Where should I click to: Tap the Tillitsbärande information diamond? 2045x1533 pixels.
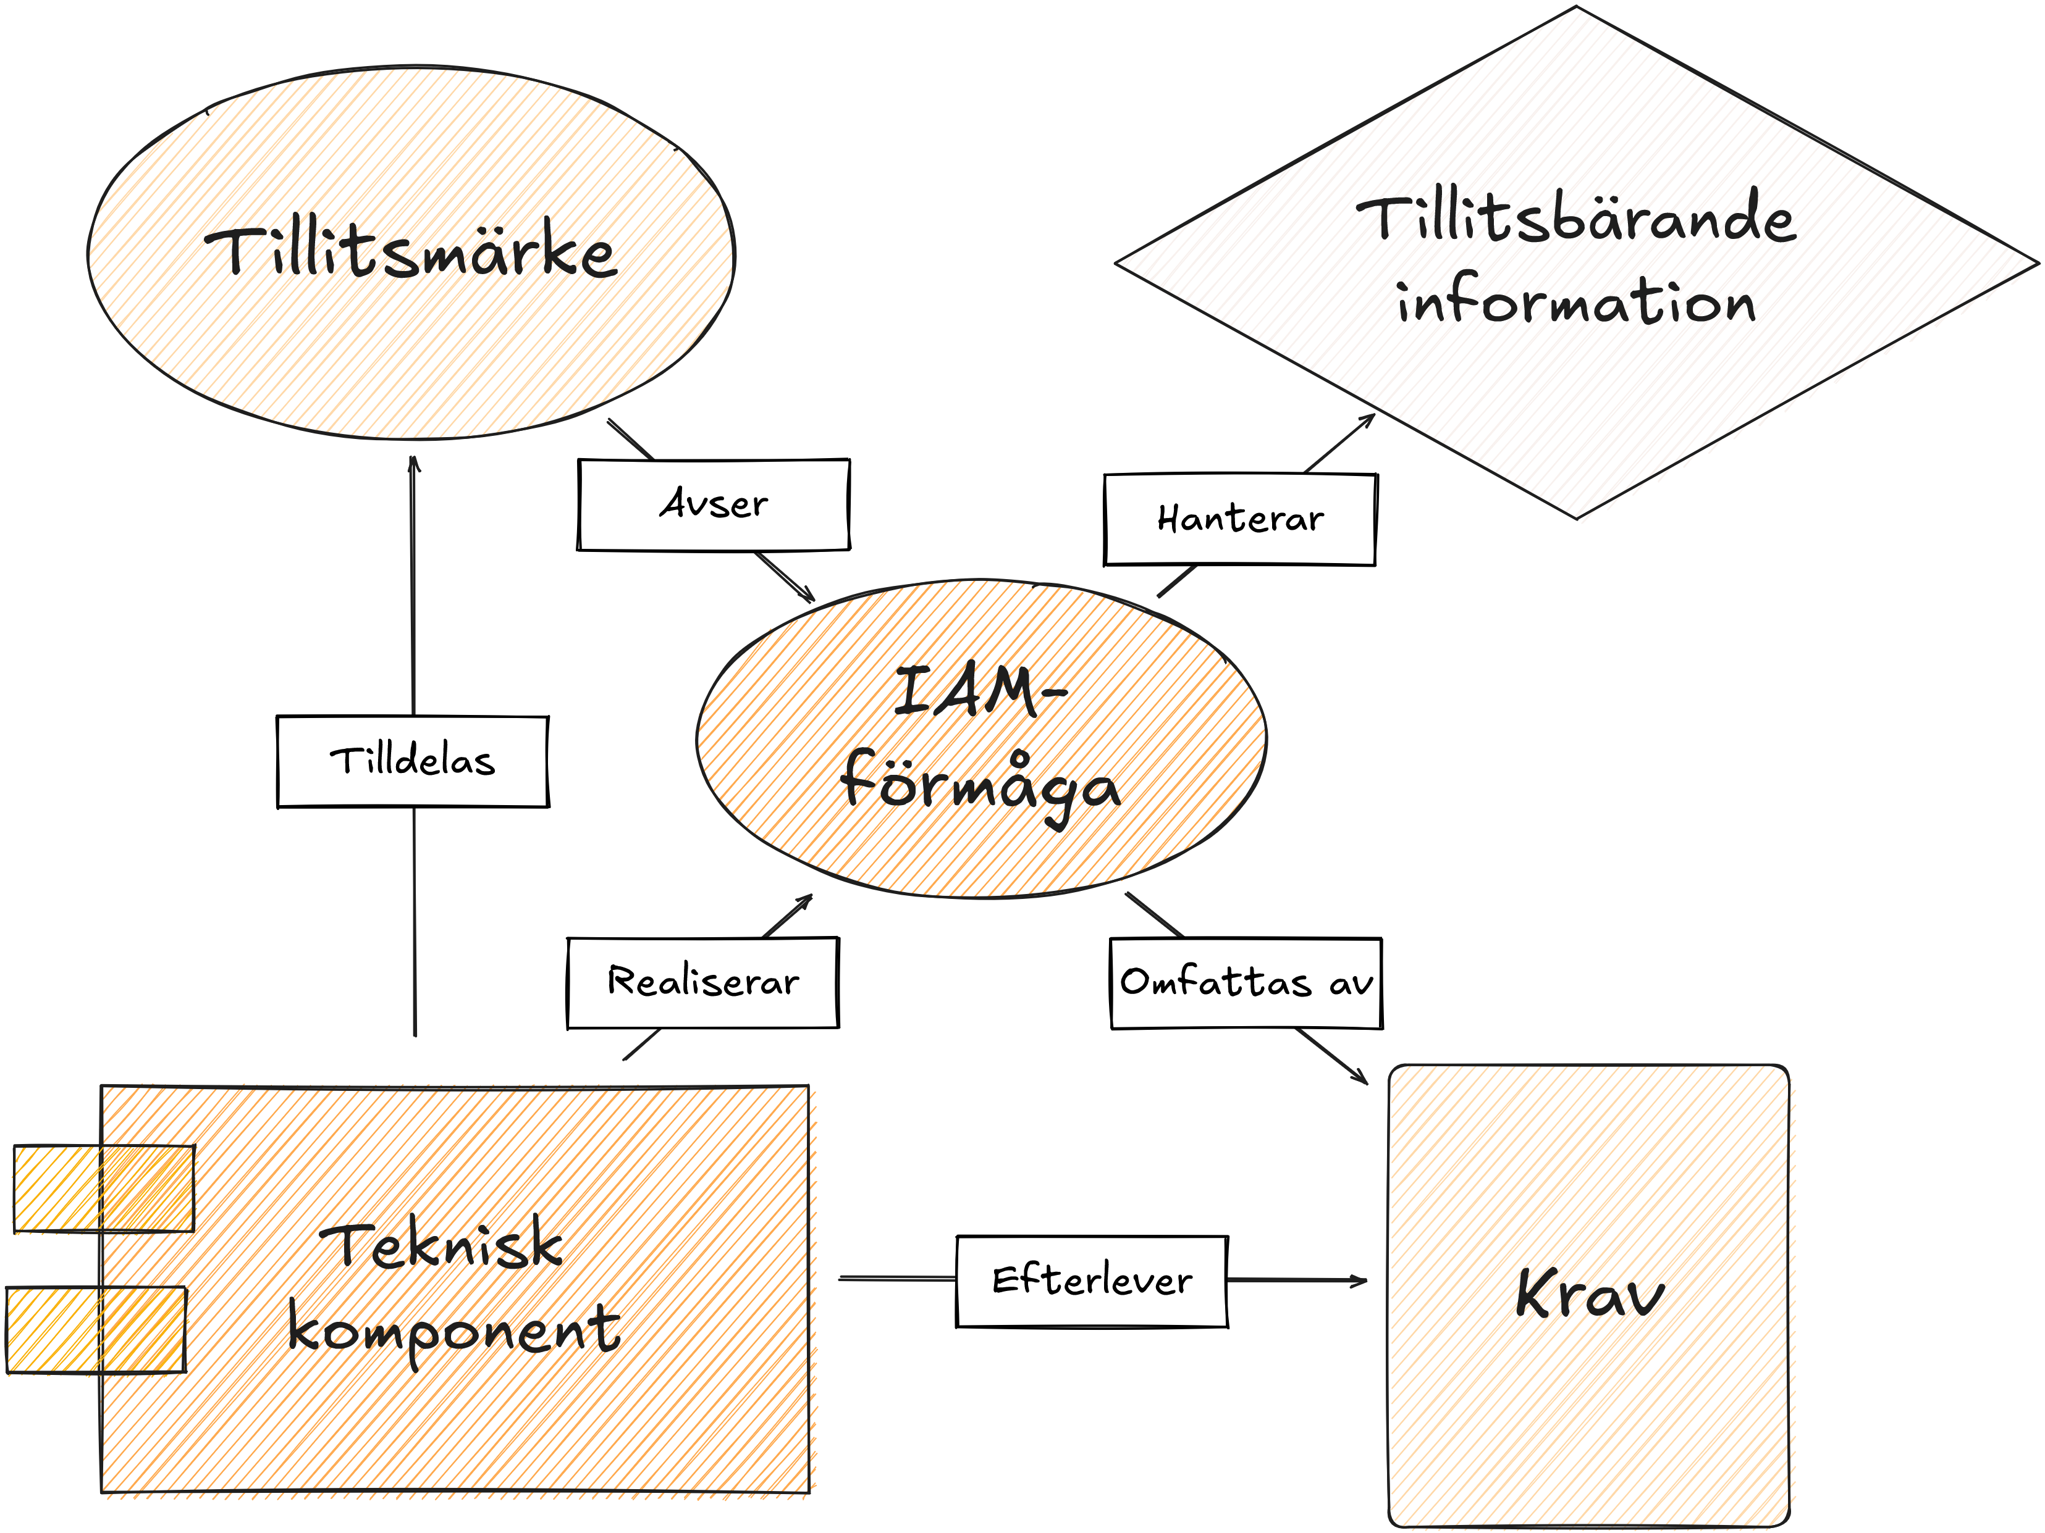coord(1576,262)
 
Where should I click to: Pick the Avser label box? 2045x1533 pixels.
coord(713,504)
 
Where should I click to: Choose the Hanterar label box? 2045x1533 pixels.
coord(1240,519)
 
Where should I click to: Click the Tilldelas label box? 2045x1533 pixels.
coord(412,761)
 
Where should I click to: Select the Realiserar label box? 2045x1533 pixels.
coord(702,982)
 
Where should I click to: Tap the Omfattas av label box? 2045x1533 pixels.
coord(1246,983)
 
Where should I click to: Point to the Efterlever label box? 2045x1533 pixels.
coord(1092,1282)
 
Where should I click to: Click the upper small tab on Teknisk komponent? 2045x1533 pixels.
coord(104,1188)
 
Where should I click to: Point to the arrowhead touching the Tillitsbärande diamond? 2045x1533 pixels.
coord(1369,419)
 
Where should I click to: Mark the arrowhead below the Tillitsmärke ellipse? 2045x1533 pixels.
coord(413,462)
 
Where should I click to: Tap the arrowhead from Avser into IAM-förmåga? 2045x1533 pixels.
coord(808,597)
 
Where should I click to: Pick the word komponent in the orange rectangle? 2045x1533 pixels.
coord(453,1330)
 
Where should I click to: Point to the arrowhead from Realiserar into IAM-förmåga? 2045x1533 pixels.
coord(806,899)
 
